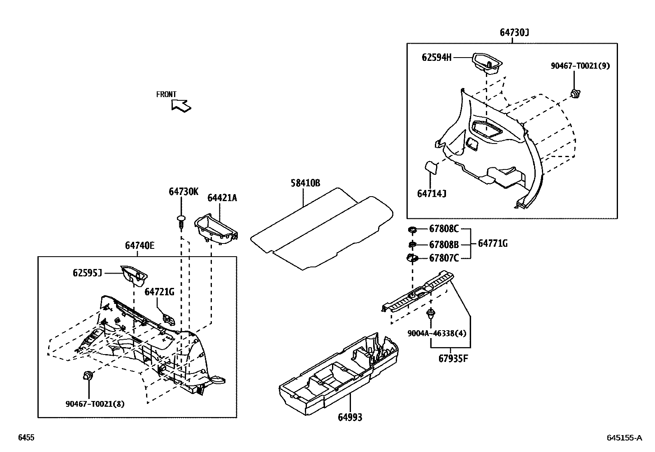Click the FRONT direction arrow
pyautogui.click(x=181, y=106)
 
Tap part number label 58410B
pyautogui.click(x=305, y=183)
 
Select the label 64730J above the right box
pyautogui.click(x=514, y=32)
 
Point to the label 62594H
pyautogui.click(x=436, y=58)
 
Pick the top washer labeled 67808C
pyautogui.click(x=412, y=229)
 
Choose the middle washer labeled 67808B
pyautogui.click(x=412, y=245)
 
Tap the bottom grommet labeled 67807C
pyautogui.click(x=412, y=258)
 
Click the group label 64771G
pyautogui.click(x=492, y=243)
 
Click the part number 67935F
pyautogui.click(x=453, y=358)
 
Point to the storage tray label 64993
pyautogui.click(x=350, y=417)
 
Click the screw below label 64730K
pyautogui.click(x=180, y=221)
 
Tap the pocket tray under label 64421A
pyautogui.click(x=216, y=228)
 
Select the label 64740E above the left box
pyautogui.click(x=140, y=246)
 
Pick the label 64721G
pyautogui.click(x=159, y=292)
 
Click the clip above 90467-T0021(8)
pyautogui.click(x=88, y=375)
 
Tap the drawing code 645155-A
pyautogui.click(x=624, y=438)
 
